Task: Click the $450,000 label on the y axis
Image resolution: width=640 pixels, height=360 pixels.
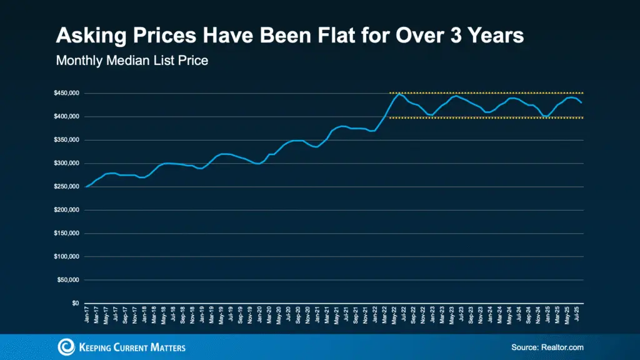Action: click(x=66, y=94)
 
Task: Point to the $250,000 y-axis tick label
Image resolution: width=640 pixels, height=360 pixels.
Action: click(x=66, y=187)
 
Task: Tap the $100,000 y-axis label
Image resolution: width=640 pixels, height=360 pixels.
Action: click(x=66, y=257)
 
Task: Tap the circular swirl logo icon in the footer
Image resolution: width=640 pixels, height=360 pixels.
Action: click(x=65, y=347)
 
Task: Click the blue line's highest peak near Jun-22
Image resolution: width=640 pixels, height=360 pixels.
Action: click(x=399, y=94)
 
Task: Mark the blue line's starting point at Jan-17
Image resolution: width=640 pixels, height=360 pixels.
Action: click(x=86, y=186)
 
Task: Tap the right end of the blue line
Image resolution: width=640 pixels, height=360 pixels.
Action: click(x=582, y=102)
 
